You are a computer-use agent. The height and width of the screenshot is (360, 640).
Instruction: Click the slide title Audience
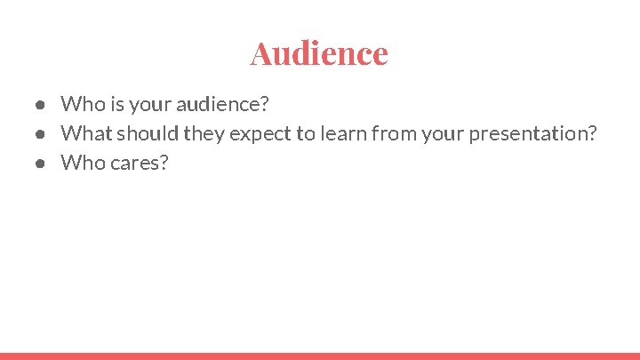319,52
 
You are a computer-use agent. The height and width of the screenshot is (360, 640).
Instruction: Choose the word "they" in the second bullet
204,134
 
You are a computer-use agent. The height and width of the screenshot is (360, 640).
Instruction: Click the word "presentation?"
532,134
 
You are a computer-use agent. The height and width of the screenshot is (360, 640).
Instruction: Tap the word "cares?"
140,164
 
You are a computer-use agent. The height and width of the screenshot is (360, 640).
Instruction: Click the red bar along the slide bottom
320,356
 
